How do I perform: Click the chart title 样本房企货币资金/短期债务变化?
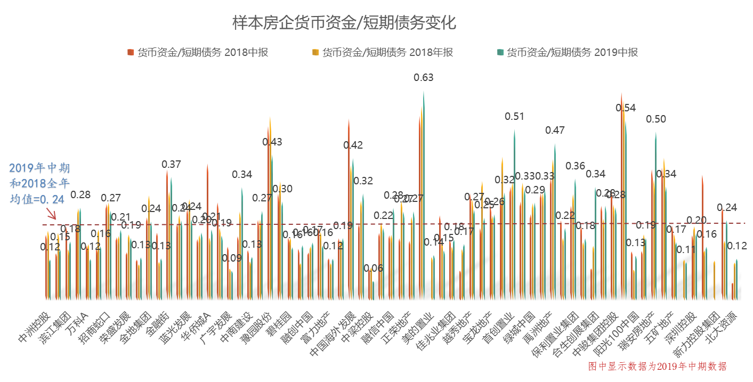point(344,23)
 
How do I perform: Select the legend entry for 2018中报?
point(198,52)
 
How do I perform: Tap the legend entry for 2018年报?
point(383,52)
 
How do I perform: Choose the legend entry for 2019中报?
point(568,52)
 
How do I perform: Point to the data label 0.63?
point(424,78)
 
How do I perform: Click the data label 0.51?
point(514,116)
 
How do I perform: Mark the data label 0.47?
point(555,130)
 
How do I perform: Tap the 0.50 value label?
point(656,119)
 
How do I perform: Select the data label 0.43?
point(272,142)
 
